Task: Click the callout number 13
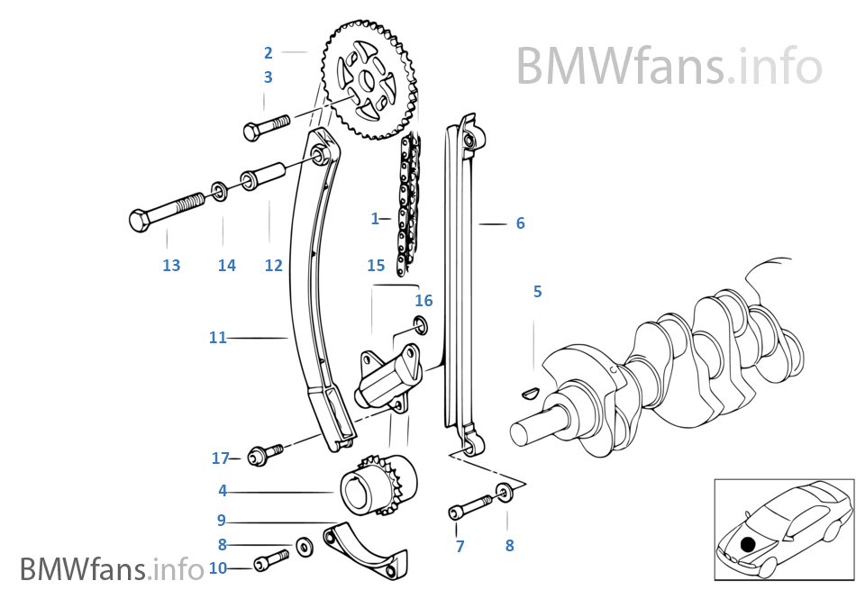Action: tap(171, 265)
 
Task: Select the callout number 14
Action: tap(226, 265)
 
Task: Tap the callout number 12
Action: tap(273, 265)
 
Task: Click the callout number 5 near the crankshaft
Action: tap(537, 292)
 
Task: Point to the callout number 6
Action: tap(520, 223)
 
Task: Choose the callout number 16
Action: tap(423, 301)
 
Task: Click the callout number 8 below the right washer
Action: tap(509, 545)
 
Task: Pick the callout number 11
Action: tap(217, 338)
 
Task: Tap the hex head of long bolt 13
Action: tap(141, 220)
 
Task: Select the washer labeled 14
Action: tap(219, 190)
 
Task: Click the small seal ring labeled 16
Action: tap(421, 324)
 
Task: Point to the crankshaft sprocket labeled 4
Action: tap(378, 486)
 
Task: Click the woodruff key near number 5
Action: tap(530, 392)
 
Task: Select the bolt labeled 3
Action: tap(263, 126)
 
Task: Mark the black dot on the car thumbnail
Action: tap(747, 543)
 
